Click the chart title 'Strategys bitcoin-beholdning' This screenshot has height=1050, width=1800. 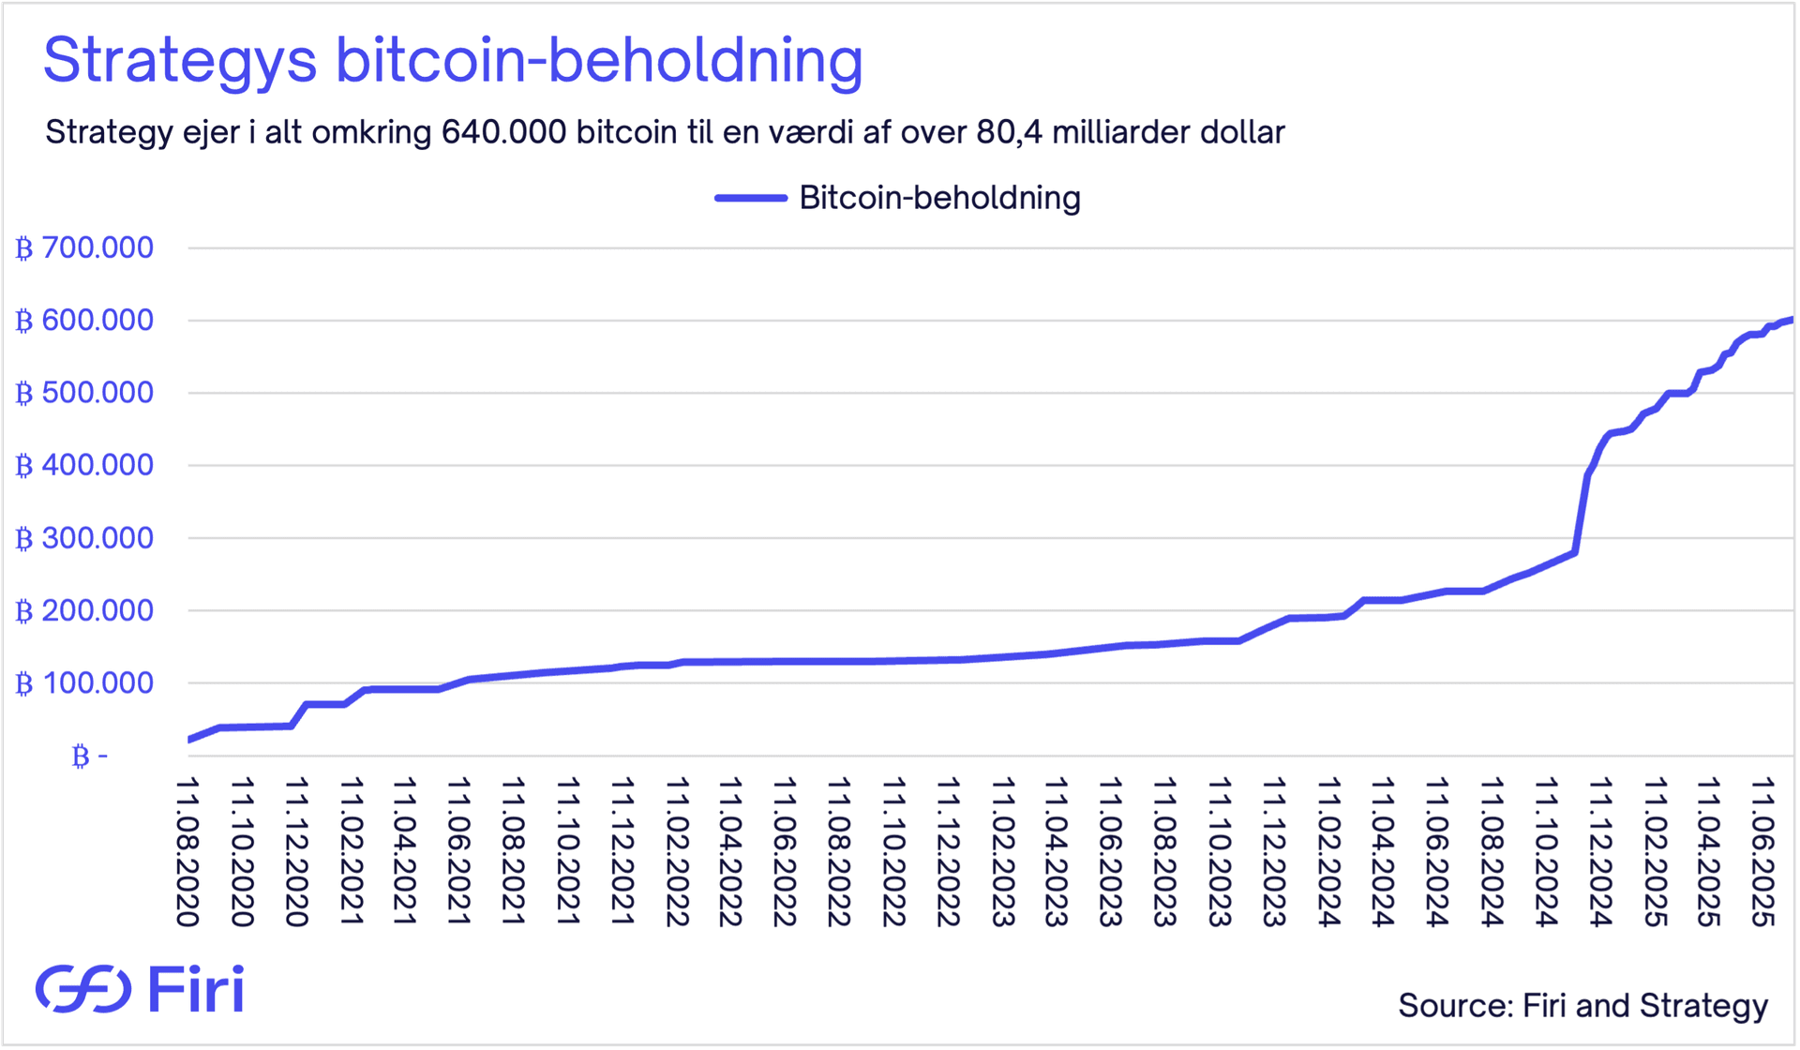453,61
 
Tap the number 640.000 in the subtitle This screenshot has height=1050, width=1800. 503,132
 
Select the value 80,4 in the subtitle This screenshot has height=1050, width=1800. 1010,132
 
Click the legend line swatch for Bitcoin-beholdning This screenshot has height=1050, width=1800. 750,198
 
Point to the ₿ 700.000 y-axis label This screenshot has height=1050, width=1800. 84,248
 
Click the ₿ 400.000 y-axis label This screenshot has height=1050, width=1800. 84,465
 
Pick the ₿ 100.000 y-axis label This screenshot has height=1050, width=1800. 84,683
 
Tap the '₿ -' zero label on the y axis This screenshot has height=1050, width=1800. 90,756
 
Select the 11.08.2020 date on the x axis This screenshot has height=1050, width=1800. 188,851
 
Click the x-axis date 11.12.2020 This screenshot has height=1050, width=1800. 297,851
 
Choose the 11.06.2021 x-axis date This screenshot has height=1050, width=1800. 459,851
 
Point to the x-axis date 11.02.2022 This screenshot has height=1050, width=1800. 677,851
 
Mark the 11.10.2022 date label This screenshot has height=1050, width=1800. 894,851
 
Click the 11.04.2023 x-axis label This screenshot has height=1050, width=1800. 1057,851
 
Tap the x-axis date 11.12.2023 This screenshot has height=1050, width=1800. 1274,851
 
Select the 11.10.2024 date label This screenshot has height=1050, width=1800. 1546,851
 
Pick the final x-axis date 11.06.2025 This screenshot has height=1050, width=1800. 1763,851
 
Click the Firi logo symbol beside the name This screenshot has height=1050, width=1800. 82,989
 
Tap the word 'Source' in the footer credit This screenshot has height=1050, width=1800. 1451,1005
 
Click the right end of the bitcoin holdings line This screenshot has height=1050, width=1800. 1791,321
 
